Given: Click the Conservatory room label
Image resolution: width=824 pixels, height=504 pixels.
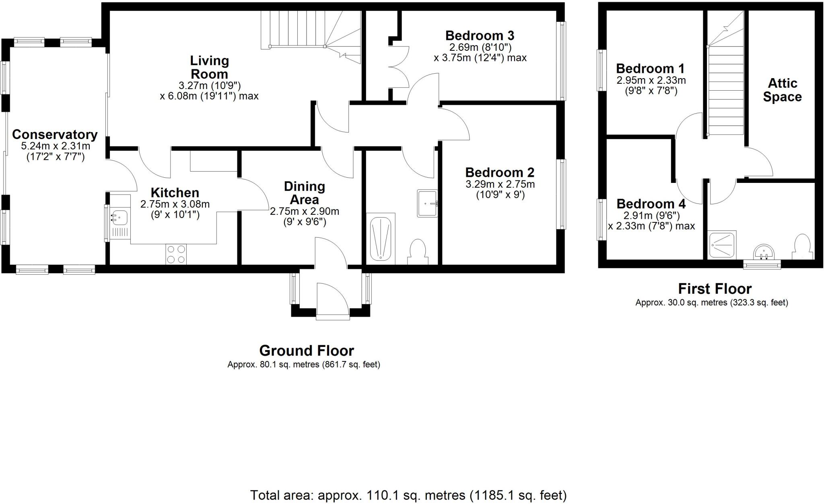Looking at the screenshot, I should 55,135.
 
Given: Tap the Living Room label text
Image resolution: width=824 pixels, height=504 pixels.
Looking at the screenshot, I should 209,67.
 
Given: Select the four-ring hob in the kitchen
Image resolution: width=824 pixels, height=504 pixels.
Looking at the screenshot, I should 176,254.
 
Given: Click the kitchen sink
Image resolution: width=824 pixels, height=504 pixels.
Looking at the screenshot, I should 119,217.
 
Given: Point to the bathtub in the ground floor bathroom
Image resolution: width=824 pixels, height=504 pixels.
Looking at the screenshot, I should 380,238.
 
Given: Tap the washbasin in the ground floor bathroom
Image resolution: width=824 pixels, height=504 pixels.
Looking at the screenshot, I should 427,203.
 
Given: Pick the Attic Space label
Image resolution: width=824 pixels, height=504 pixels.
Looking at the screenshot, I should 782,90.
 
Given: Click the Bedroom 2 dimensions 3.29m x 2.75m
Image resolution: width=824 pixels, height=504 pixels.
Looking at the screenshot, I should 500,185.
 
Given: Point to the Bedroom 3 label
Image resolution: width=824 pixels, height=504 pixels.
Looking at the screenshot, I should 480,35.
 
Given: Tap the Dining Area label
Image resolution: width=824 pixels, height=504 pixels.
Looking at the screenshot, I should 304,193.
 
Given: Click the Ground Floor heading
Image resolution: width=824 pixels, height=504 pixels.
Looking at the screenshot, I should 306,351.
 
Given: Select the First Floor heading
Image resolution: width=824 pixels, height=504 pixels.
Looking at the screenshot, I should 715,288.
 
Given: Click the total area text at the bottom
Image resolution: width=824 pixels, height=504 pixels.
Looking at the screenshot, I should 408,495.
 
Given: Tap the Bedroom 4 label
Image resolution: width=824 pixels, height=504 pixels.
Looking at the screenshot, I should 651,204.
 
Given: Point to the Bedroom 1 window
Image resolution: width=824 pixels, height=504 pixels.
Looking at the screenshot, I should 602,71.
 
